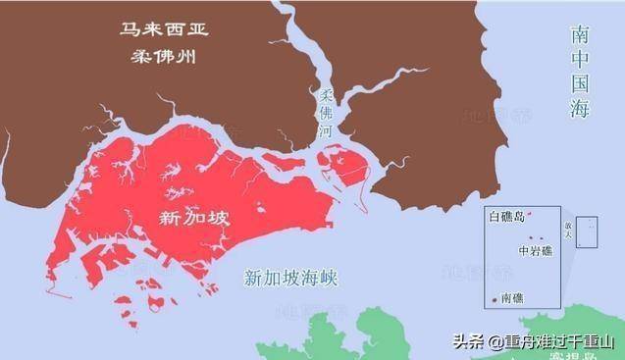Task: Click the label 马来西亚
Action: click(158, 28)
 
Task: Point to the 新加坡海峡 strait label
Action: click(290, 279)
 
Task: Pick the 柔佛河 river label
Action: click(326, 112)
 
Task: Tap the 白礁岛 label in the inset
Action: click(507, 217)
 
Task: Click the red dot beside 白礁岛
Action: click(530, 215)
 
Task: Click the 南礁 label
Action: click(511, 296)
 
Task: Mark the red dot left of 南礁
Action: click(494, 297)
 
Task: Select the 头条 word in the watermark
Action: click(467, 342)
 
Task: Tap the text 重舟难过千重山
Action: click(556, 342)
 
